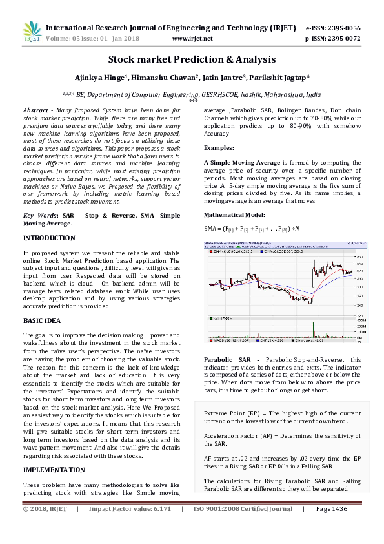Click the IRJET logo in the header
click(32, 30)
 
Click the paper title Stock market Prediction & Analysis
click(192, 59)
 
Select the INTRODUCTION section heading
click(49, 238)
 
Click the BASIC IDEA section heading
click(43, 320)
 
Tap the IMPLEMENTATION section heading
click(54, 469)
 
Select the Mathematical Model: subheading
click(234, 214)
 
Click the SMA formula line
click(252, 229)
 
